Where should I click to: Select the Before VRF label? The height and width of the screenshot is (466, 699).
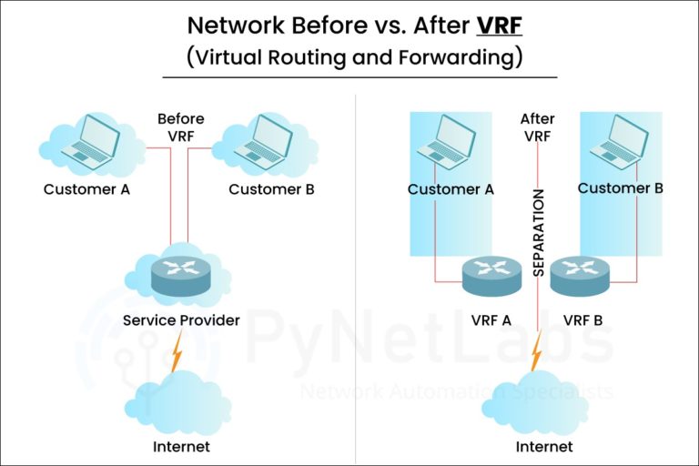click(180, 127)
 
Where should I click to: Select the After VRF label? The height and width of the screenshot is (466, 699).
click(537, 127)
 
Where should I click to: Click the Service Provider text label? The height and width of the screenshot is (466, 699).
click(181, 320)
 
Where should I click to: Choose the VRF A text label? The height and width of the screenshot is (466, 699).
click(491, 320)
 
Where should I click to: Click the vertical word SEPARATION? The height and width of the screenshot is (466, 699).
click(538, 232)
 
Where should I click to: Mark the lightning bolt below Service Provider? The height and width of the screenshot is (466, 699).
click(176, 350)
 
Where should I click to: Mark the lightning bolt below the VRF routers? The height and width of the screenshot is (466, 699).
click(538, 349)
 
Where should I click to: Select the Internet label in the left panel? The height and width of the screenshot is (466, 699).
click(181, 447)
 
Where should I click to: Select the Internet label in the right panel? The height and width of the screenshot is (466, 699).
click(544, 447)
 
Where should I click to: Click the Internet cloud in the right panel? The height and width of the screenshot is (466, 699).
click(544, 401)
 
